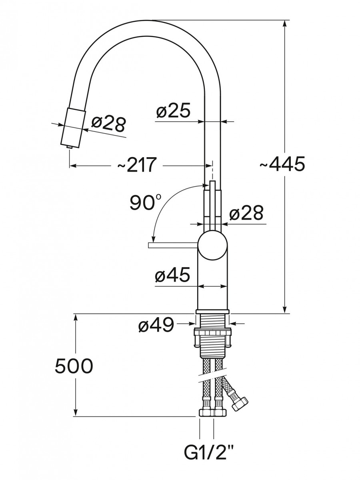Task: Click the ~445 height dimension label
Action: (282, 164)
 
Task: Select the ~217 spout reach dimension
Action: (137, 164)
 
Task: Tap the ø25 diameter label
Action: (173, 110)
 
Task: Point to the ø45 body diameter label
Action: (172, 275)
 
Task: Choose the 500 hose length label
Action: (74, 366)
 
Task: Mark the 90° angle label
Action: (145, 202)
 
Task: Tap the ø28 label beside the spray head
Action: (109, 124)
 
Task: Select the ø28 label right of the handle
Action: (246, 212)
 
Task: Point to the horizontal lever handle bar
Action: (173, 245)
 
